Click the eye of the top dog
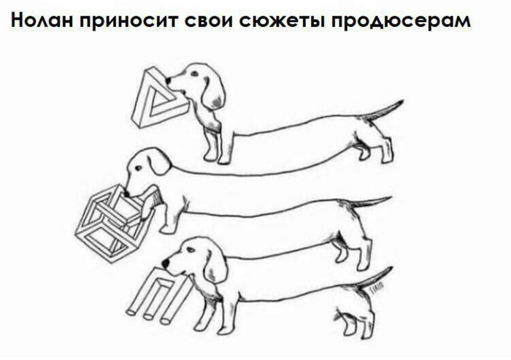click(195, 73)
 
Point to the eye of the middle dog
click(139, 168)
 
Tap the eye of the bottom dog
click(191, 250)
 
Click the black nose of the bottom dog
click(166, 263)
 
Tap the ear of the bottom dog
click(216, 261)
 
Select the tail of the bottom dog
click(374, 277)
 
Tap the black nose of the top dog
click(168, 80)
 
